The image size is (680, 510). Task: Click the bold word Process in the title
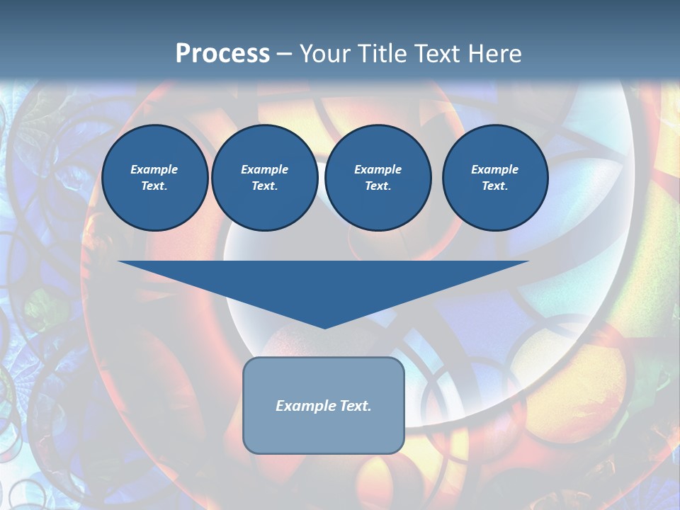[222, 54]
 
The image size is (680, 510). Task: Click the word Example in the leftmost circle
[154, 169]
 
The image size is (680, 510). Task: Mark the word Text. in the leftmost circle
[154, 186]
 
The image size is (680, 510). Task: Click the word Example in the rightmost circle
[495, 169]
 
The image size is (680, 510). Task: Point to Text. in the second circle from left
[265, 186]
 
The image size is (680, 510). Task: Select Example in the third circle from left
[378, 169]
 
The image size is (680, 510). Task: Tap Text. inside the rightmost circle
[495, 186]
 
